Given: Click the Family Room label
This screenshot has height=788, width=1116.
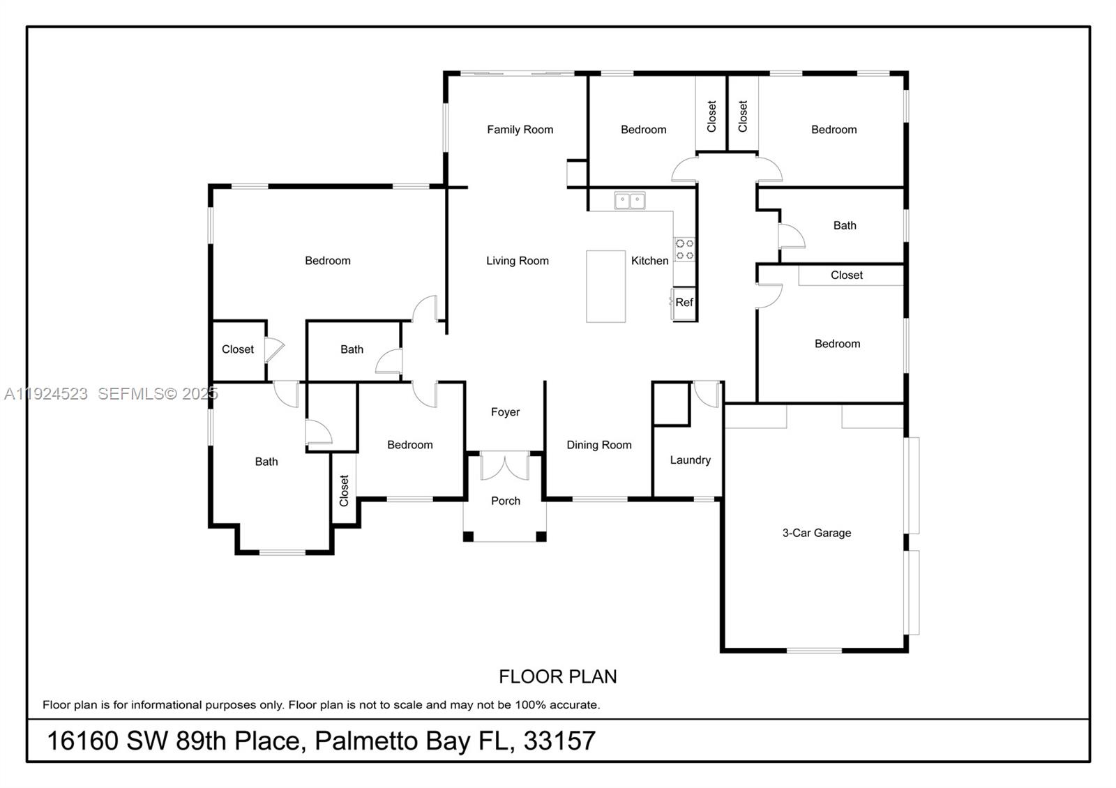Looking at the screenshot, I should click(x=520, y=130).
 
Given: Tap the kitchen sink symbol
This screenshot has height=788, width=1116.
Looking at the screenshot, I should click(x=630, y=201).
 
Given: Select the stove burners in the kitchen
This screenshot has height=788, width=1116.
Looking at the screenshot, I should click(x=685, y=250).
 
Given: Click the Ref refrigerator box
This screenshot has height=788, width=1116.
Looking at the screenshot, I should click(x=684, y=303).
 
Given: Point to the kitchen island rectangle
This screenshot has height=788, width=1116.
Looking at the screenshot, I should click(x=605, y=287).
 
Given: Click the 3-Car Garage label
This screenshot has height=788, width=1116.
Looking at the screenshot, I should click(x=817, y=533).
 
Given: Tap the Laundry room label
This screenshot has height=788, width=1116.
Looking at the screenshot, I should click(x=690, y=460).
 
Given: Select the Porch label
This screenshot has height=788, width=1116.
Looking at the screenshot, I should click(x=506, y=501).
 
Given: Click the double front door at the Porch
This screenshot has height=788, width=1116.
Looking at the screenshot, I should click(x=505, y=465).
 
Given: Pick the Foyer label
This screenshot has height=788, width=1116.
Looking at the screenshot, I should click(x=505, y=412).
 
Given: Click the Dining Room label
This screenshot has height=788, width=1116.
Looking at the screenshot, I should click(x=598, y=445).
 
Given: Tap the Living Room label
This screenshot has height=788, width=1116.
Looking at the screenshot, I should click(x=517, y=261).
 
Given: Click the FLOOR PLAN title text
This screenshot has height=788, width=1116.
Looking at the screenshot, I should click(x=557, y=676).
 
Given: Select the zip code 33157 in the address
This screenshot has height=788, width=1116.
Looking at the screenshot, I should click(x=559, y=741).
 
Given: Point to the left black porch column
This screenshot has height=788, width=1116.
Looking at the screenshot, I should click(x=468, y=536).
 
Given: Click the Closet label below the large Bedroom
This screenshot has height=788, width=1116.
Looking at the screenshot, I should click(x=238, y=349).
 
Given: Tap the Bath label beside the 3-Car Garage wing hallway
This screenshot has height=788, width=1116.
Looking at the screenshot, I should click(x=845, y=226).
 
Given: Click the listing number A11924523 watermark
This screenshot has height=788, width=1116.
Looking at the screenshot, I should click(x=46, y=394).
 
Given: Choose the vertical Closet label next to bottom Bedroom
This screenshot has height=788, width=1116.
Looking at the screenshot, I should click(x=344, y=490).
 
